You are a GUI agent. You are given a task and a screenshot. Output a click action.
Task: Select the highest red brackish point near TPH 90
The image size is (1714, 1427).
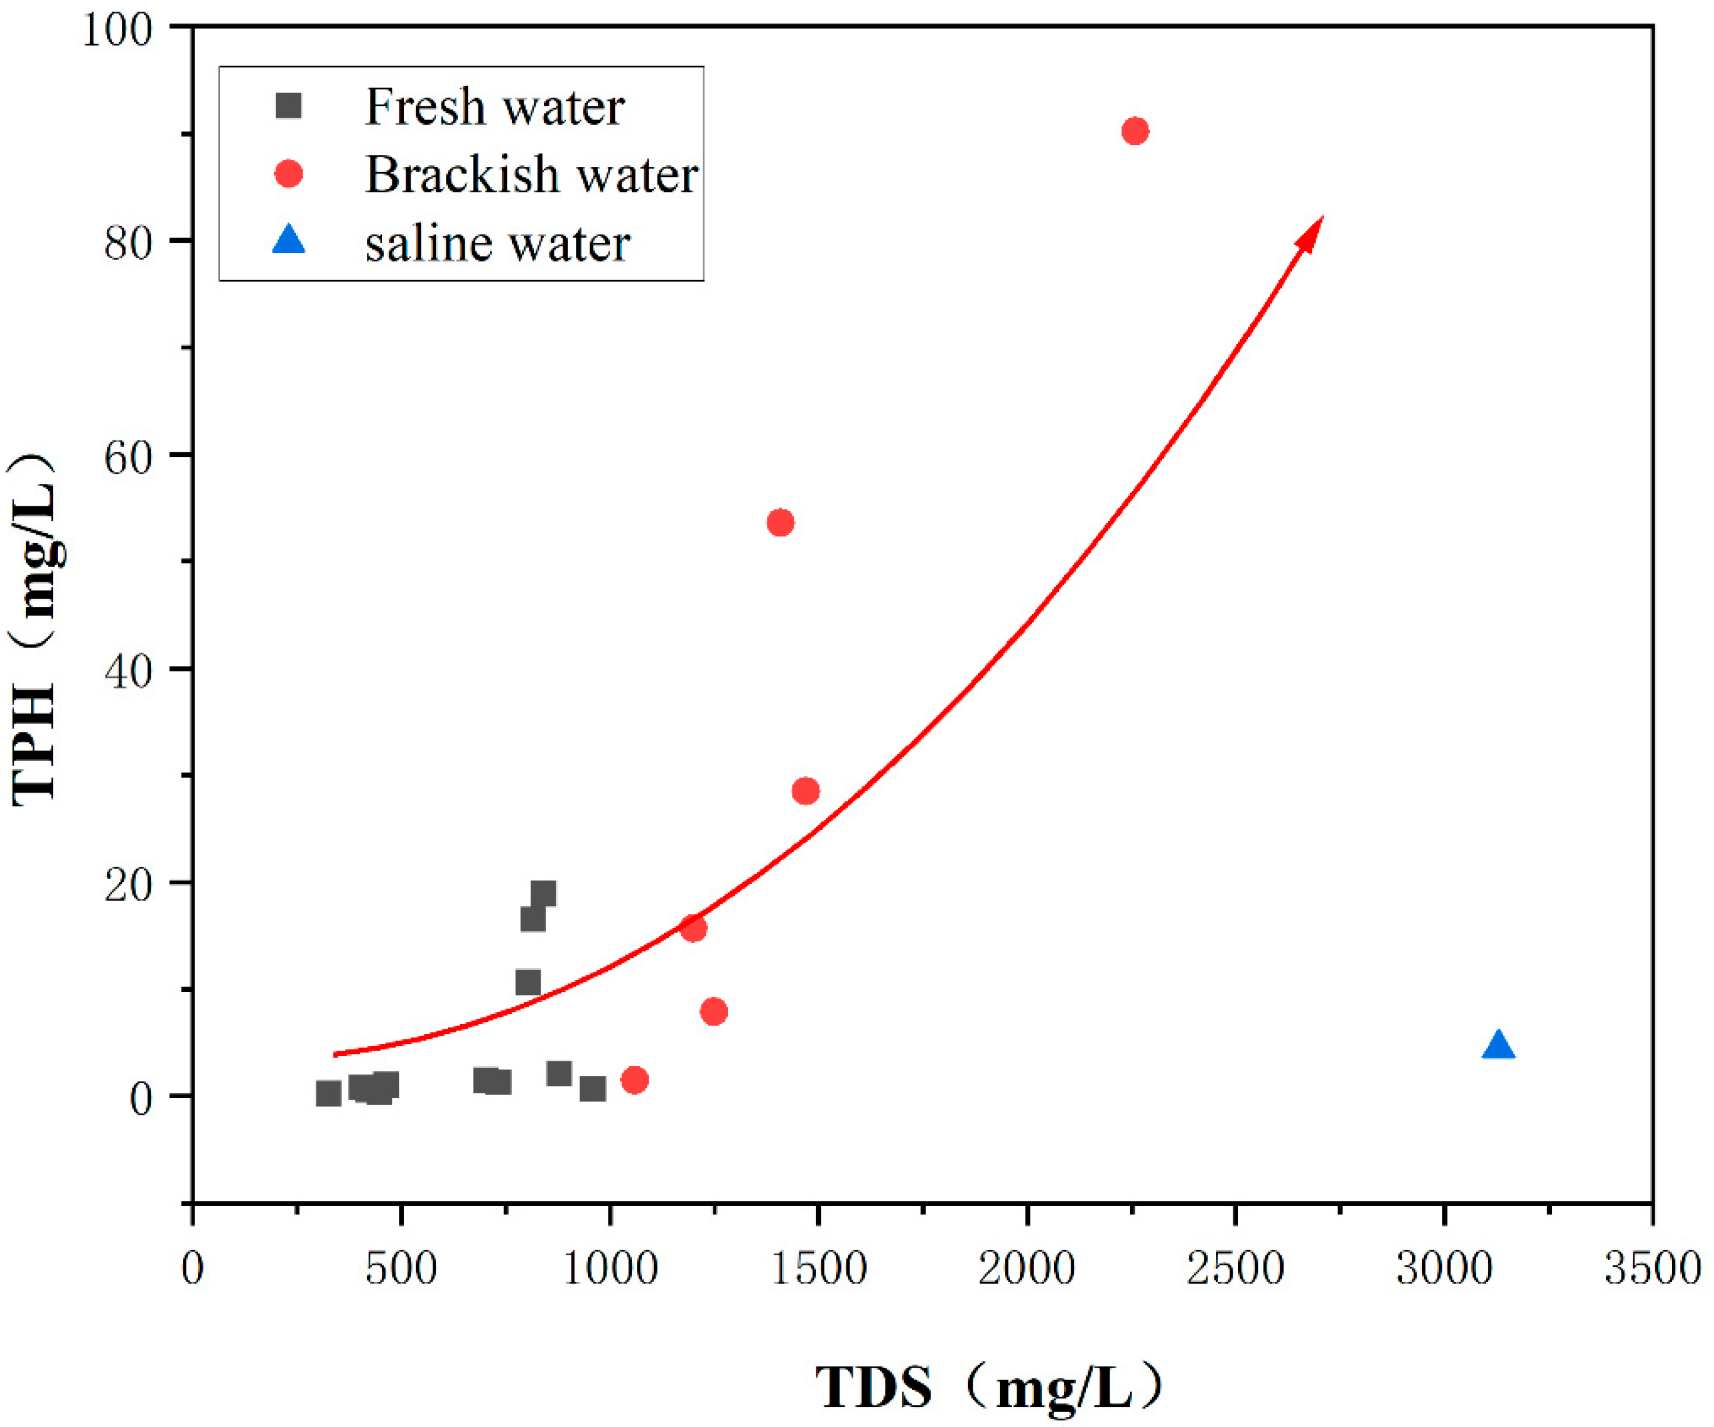(x=1135, y=131)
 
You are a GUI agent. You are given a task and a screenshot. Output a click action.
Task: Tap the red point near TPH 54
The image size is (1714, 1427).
(x=780, y=522)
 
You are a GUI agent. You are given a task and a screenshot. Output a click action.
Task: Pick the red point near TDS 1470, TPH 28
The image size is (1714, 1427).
(x=805, y=790)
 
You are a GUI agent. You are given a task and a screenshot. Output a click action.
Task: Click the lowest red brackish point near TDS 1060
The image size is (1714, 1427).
(x=634, y=1080)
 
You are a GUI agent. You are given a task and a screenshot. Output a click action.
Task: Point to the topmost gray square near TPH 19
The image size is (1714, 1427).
(x=544, y=893)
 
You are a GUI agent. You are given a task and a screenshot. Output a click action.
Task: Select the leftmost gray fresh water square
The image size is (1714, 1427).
(x=328, y=1093)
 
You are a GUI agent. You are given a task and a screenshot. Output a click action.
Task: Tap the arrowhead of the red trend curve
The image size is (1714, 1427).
(x=1312, y=233)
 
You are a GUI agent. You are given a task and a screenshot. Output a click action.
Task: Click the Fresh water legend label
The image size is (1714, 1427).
(x=494, y=107)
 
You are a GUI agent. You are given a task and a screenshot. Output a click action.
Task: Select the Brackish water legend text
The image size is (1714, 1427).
(x=531, y=175)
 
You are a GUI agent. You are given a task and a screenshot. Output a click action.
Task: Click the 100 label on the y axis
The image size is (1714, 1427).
(x=118, y=30)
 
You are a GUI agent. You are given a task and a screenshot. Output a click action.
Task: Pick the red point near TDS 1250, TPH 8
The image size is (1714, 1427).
(x=713, y=1011)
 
